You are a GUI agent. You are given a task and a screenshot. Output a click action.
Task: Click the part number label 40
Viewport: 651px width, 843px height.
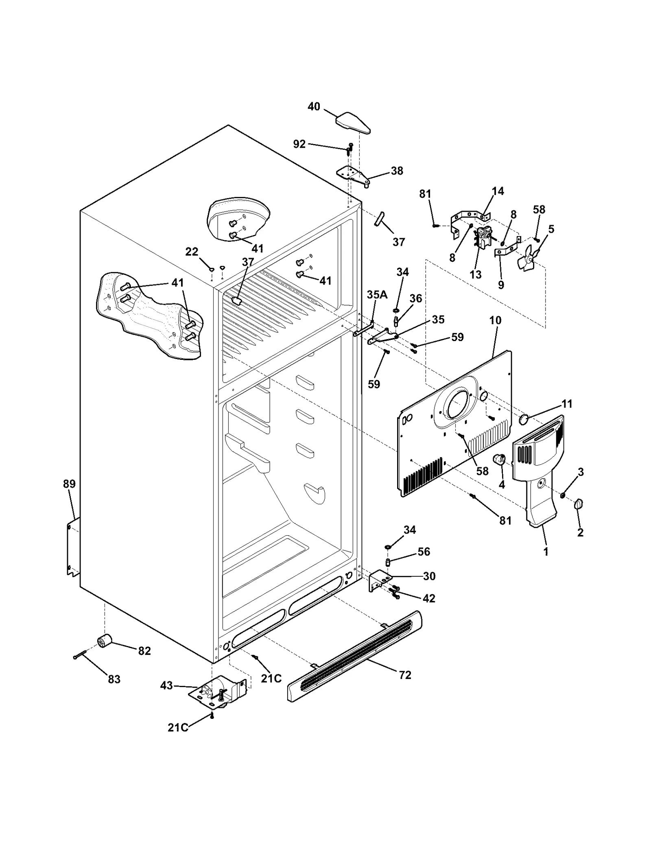pos(314,107)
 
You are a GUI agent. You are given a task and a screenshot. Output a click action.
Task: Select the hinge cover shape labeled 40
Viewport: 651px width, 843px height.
pos(353,123)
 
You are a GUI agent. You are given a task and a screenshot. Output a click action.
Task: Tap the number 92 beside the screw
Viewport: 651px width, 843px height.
pos(299,144)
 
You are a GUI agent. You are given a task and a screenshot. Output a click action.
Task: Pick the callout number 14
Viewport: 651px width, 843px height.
pos(498,191)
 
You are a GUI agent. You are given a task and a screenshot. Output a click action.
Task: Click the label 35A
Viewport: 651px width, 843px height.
pos(377,294)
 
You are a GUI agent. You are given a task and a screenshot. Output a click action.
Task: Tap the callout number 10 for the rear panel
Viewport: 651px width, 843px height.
pos(495,320)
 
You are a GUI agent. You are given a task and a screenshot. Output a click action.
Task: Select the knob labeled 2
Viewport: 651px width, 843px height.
pos(579,505)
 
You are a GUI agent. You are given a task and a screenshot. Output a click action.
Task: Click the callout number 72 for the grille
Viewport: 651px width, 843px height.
pos(405,675)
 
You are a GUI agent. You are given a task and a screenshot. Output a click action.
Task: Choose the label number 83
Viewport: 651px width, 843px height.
pos(114,679)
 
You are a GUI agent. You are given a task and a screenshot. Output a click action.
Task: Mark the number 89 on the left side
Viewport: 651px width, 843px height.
pos(69,484)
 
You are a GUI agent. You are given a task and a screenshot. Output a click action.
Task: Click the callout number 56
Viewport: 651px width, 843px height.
pos(424,552)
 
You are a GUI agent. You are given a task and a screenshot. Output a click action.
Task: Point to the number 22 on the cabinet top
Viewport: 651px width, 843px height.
pos(192,252)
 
